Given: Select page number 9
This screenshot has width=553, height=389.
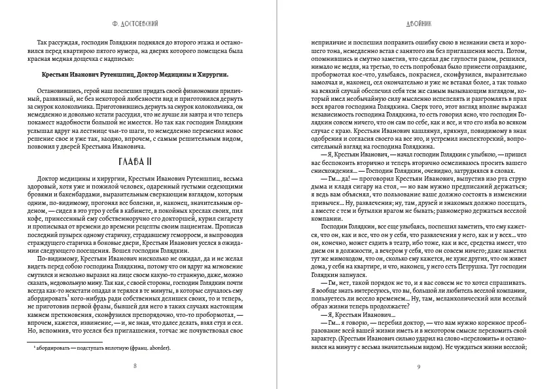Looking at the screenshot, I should click(x=418, y=365).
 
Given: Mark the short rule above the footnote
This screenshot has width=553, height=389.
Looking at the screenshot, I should click(x=55, y=341).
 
